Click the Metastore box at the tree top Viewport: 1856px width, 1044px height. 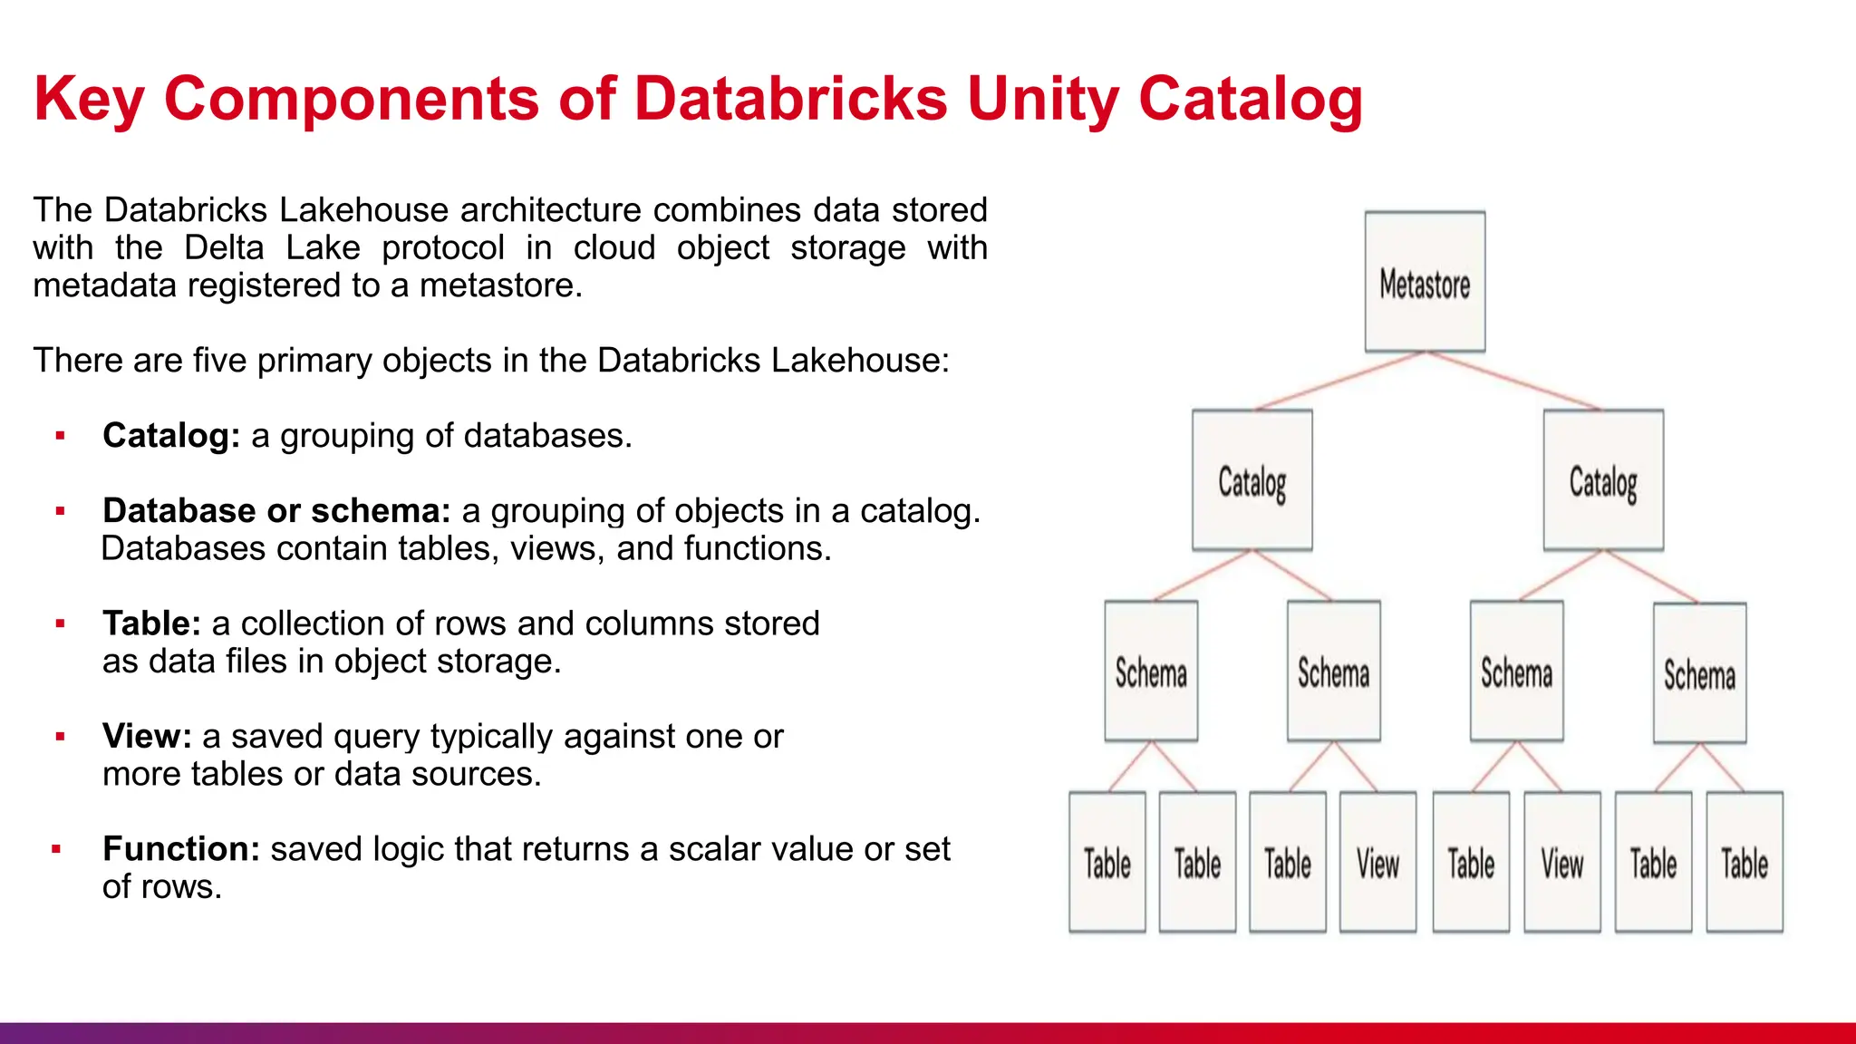[1425, 282]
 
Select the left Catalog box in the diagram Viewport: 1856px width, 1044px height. [1252, 480]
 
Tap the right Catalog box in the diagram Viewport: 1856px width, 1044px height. [1603, 480]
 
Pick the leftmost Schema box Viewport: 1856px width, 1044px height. [1151, 672]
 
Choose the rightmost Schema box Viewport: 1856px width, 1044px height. [1699, 673]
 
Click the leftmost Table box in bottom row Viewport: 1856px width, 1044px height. [1107, 862]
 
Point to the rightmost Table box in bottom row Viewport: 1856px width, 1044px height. [1745, 862]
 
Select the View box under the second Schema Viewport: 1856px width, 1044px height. [1377, 862]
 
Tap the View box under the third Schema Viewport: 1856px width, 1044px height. [1561, 862]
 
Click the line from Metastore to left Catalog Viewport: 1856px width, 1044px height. [1339, 382]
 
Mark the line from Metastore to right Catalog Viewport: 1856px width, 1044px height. [1512, 382]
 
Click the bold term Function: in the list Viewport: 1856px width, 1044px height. [181, 849]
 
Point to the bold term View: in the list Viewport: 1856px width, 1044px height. [147, 737]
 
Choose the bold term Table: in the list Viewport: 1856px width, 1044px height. [151, 623]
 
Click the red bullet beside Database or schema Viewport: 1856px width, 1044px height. [61, 511]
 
